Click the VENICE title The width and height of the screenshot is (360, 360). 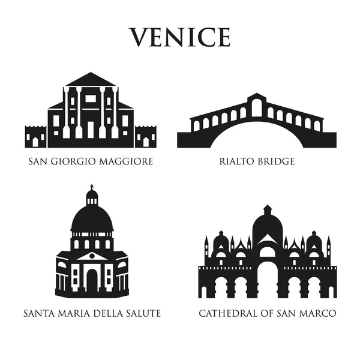tap(180, 37)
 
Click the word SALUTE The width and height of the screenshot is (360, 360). tap(142, 313)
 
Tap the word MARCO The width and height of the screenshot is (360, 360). tap(318, 313)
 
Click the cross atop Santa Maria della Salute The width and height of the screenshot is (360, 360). tap(91, 188)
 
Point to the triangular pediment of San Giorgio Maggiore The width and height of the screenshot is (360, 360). tap(91, 80)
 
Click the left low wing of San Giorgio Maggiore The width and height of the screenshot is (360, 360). tap(35, 137)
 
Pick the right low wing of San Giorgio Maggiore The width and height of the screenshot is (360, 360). tap(146, 137)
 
